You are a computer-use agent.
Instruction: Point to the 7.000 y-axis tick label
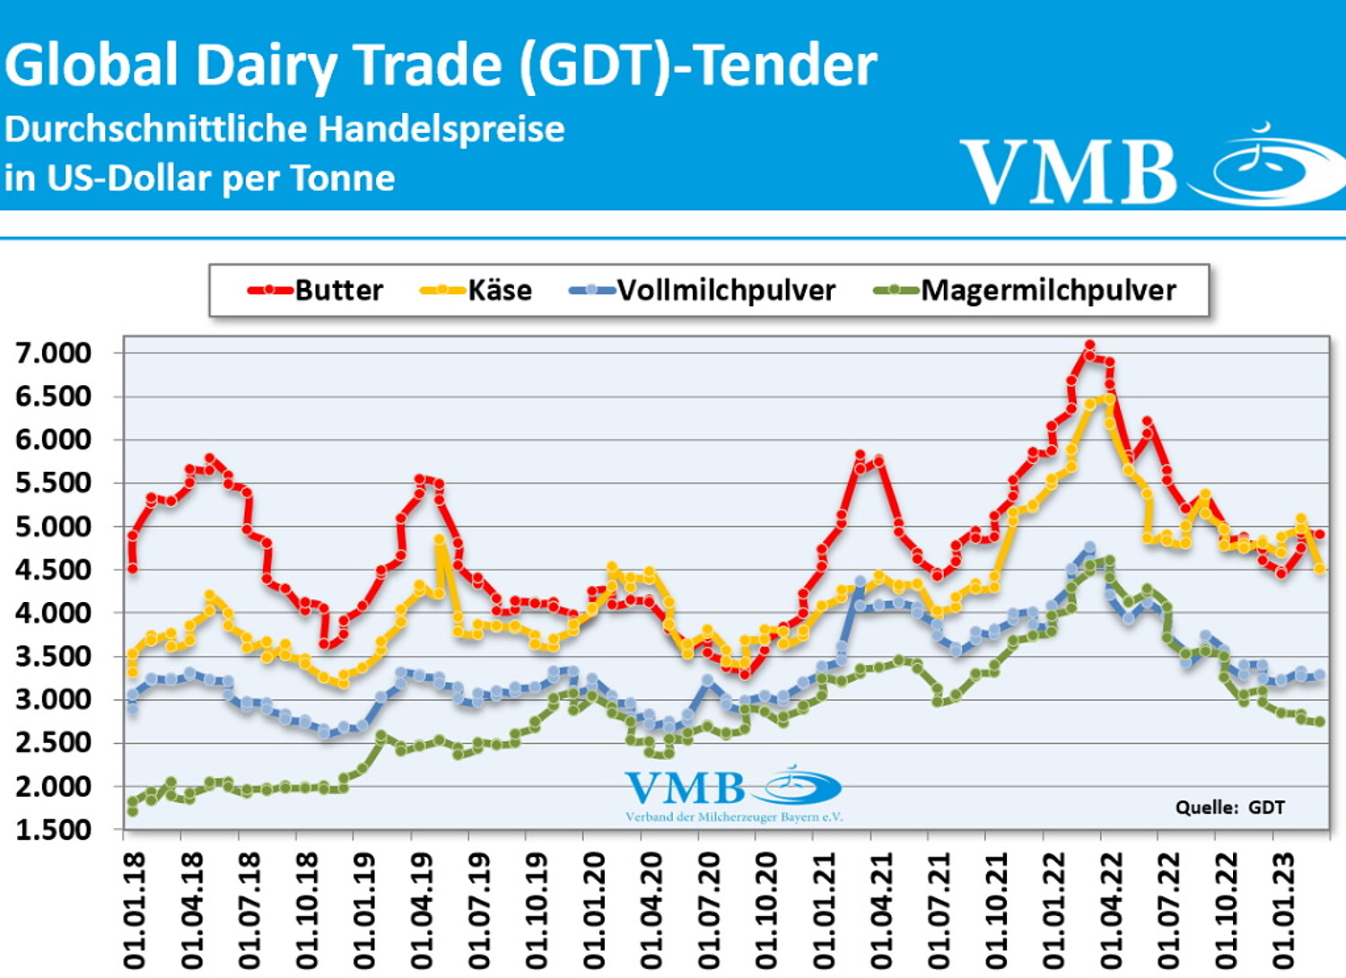coord(54,353)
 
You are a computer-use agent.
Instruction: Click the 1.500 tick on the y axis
coord(54,830)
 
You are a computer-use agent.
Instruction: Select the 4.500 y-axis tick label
coord(54,570)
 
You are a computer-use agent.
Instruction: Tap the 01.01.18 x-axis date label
coord(135,911)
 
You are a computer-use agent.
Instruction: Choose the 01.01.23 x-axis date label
coord(1284,911)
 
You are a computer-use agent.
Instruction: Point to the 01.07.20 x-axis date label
coord(709,911)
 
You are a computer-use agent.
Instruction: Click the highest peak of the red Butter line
coord(1089,345)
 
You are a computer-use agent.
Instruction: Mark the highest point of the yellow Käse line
coord(1109,397)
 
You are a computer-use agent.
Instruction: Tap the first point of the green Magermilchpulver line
coord(133,810)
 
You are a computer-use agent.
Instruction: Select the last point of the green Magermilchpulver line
coord(1319,721)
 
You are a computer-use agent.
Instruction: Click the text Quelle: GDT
coord(1229,808)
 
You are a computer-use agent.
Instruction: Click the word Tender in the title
coord(786,65)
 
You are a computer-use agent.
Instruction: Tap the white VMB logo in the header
coord(1149,169)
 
